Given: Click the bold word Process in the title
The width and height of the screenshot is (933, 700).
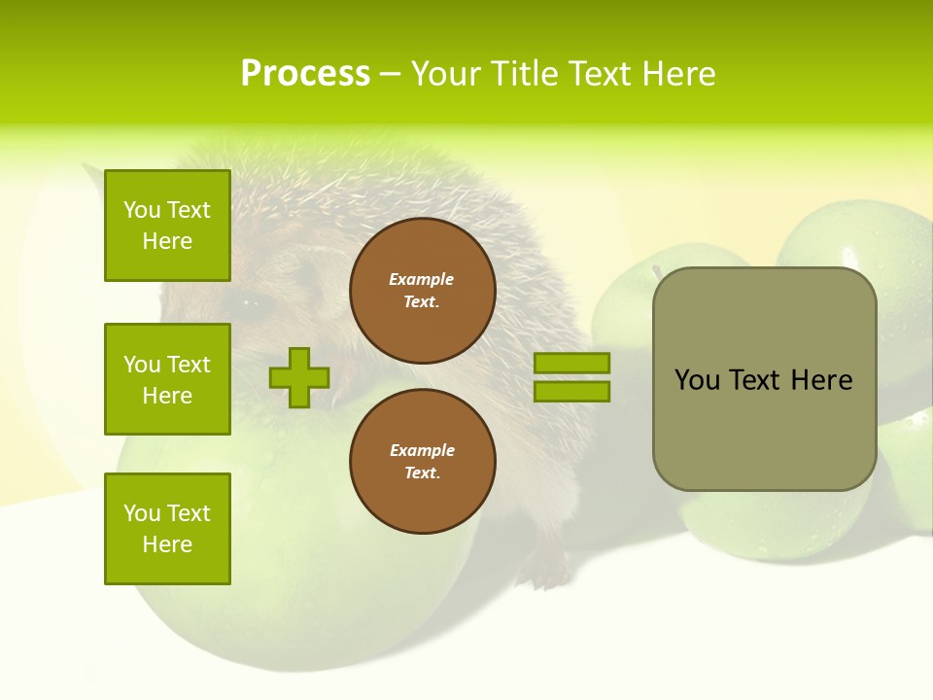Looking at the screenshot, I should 305,74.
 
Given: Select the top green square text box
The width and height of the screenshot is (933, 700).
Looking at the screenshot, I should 167,226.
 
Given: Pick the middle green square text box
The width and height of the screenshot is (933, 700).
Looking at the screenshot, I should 167,379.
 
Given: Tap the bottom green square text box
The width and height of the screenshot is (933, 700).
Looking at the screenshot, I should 167,529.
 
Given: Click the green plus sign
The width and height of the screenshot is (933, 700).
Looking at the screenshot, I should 299,377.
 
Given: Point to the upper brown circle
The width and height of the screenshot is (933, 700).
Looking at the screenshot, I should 423,291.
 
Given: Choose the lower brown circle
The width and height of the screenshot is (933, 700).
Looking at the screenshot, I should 423,462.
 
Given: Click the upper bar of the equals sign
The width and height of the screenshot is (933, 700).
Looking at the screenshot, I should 571,363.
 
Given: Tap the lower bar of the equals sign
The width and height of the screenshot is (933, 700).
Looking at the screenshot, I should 571,392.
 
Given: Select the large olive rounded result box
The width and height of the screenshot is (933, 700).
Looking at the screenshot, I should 764,379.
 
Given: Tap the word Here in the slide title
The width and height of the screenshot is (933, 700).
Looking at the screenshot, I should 679,74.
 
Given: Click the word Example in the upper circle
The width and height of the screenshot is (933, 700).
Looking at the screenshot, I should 422,279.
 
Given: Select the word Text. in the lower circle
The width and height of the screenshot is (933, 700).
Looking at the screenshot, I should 422,473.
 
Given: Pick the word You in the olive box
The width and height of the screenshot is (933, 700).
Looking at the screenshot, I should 698,380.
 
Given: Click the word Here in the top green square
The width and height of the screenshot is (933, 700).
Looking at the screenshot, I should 167,241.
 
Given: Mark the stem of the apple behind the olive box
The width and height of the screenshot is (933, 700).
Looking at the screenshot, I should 657,271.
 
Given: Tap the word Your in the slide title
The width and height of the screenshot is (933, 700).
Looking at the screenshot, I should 445,74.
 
